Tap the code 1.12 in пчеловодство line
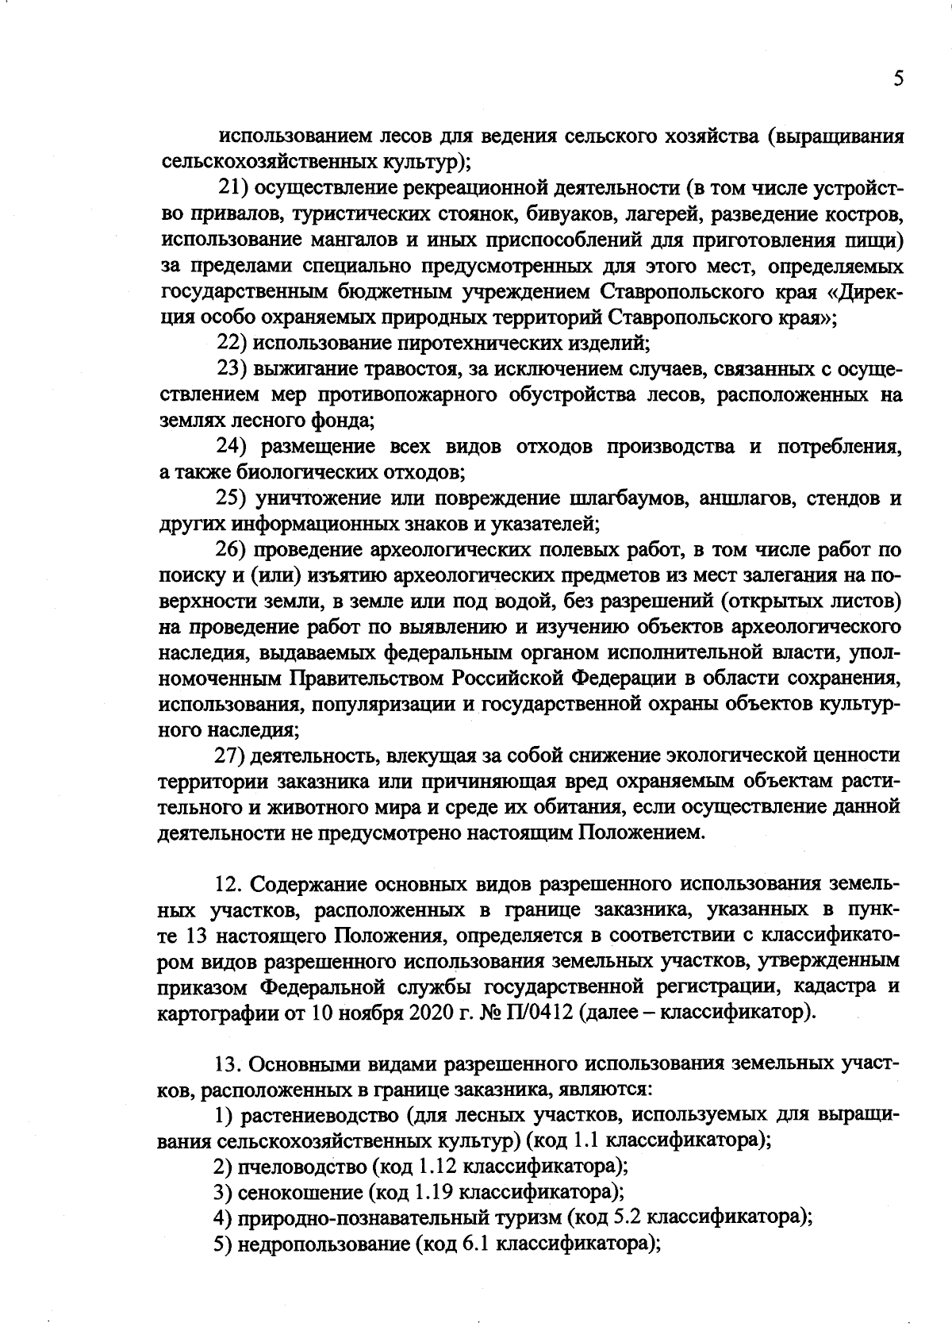coord(437,1167)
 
